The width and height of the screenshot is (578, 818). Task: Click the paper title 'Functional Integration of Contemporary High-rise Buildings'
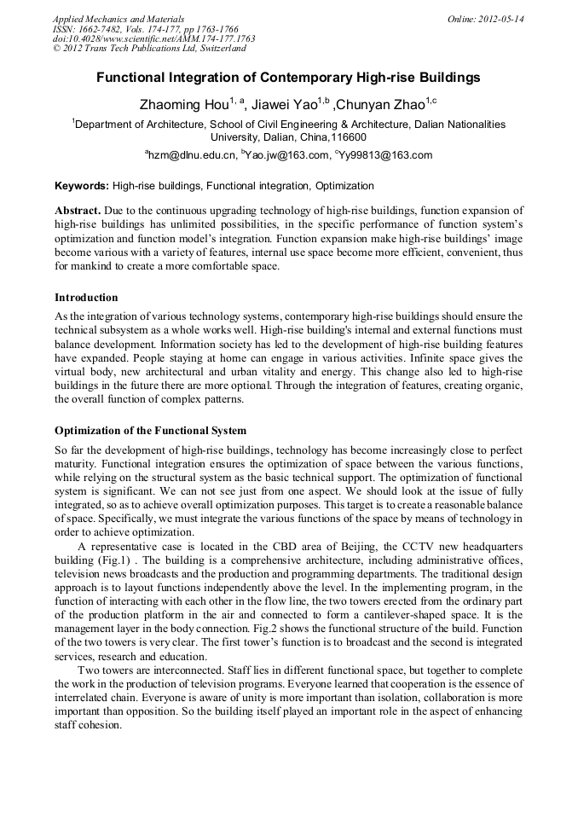(288, 78)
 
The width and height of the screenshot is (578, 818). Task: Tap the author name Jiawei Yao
(284, 105)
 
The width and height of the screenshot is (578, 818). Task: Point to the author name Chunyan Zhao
(379, 105)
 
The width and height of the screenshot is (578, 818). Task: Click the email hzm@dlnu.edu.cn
(192, 155)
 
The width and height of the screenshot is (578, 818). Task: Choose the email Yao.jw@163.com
(286, 155)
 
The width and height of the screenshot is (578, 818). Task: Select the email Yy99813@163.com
(385, 155)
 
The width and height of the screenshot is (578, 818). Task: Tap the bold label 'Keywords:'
(82, 185)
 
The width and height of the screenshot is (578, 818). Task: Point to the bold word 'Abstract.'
(78, 210)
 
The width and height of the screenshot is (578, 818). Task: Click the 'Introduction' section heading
(86, 298)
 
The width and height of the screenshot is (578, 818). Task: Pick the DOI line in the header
(153, 38)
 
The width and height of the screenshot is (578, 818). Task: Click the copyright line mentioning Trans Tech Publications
(149, 49)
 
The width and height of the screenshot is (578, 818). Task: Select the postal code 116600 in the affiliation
(350, 136)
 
